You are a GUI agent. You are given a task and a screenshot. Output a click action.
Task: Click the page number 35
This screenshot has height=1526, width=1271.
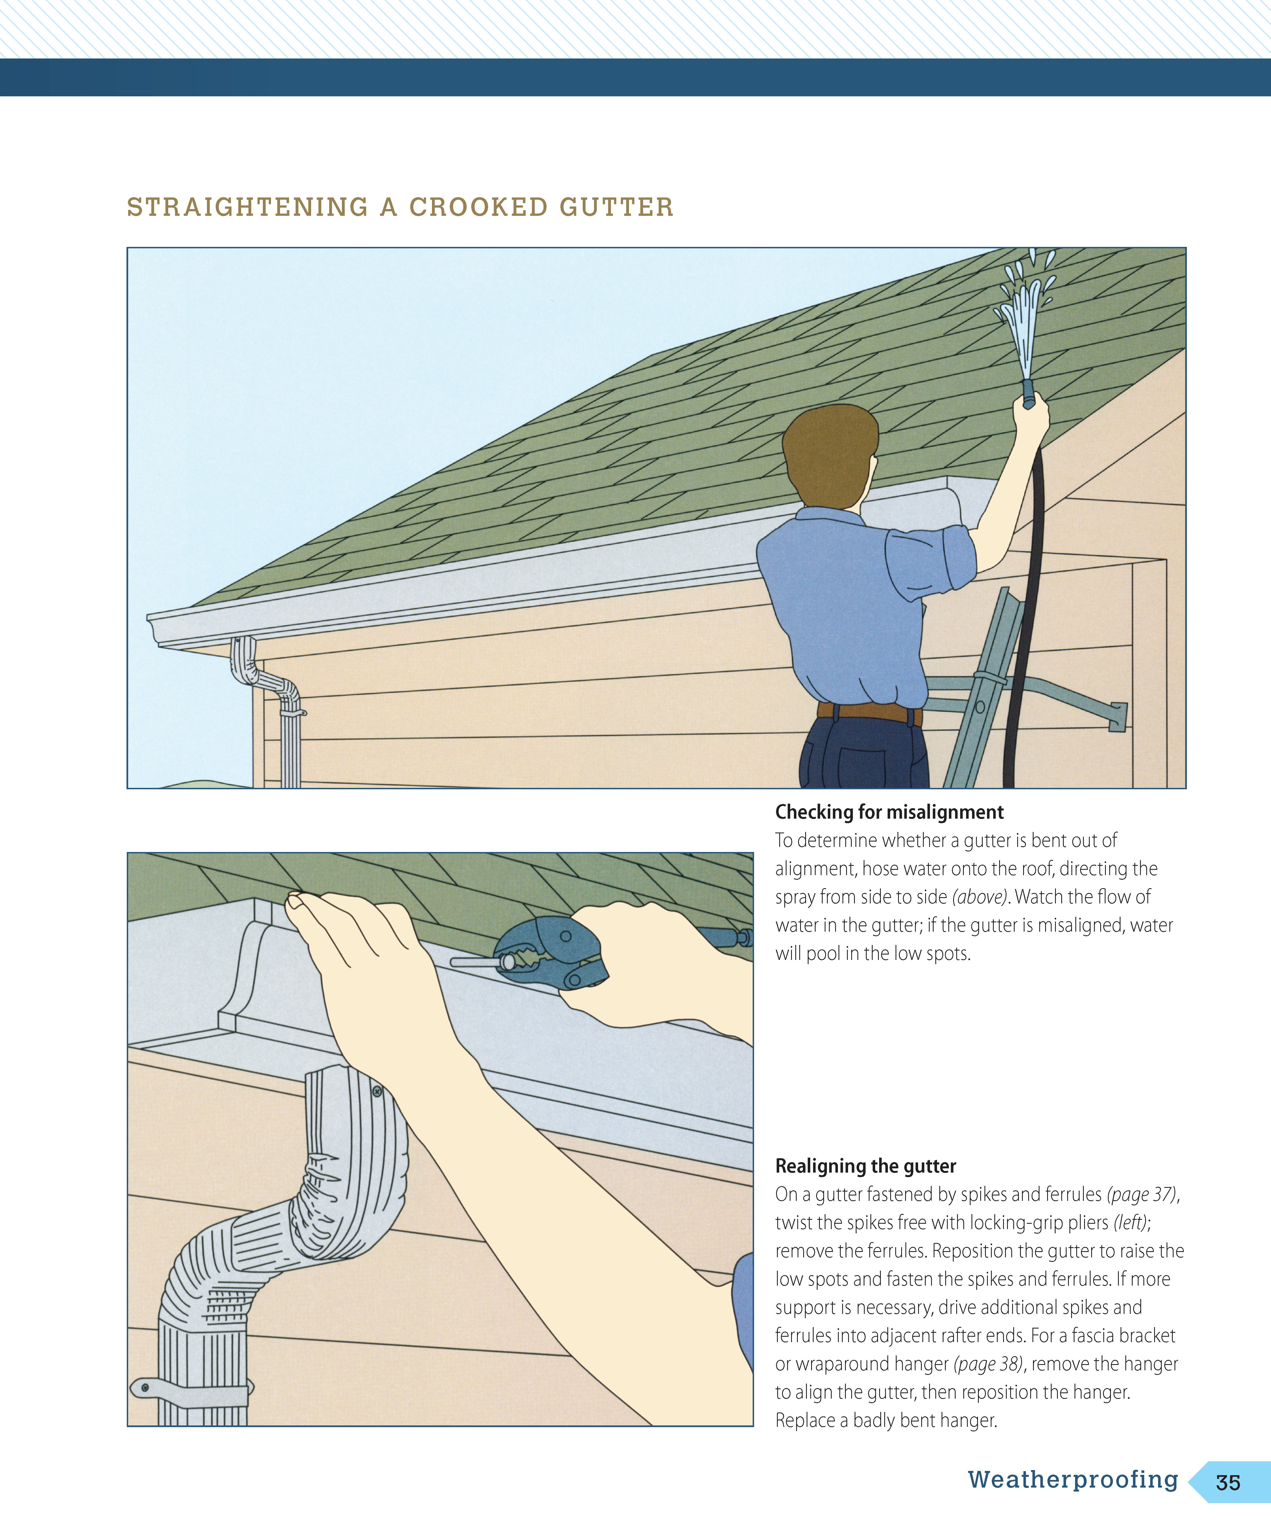1228,1482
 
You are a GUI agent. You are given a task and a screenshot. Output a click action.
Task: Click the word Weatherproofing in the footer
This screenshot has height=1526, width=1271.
1073,1479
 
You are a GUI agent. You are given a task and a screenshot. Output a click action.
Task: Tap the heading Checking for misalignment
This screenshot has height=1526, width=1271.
889,812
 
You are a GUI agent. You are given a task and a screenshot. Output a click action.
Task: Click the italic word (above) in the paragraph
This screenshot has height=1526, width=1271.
980,897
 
